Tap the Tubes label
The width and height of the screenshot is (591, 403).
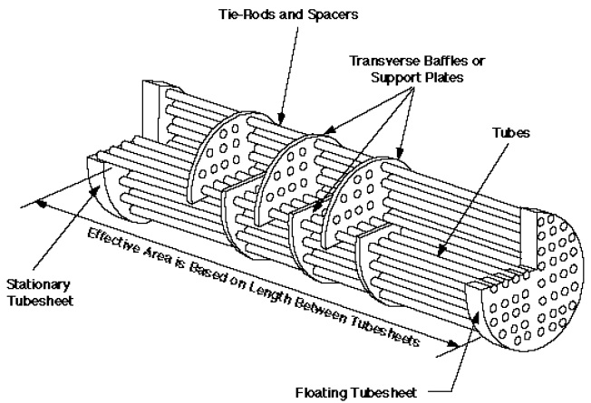511,132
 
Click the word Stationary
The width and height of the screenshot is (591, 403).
38,285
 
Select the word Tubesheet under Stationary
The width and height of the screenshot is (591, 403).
40,301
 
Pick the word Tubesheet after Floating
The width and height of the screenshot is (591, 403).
385,392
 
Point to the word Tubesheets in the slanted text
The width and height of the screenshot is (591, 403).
385,329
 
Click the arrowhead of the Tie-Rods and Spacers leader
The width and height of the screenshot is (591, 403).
279,120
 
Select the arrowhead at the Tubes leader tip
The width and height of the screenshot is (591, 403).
441,252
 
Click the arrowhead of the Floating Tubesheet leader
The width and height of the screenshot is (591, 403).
476,319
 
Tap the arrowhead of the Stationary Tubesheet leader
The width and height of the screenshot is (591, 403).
95,191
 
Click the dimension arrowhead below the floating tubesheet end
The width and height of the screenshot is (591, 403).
452,343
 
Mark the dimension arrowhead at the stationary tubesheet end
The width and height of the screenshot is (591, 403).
43,204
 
